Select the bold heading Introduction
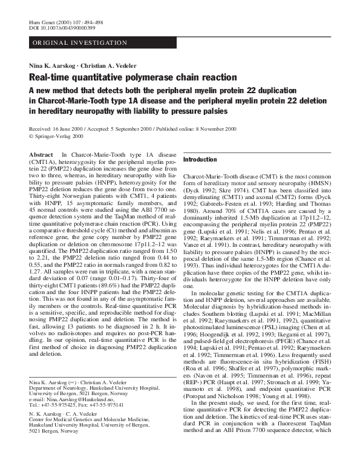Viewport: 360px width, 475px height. (x=200, y=160)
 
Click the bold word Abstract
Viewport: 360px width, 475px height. (x=41, y=156)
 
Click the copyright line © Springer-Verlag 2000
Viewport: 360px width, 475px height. (x=59, y=137)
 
